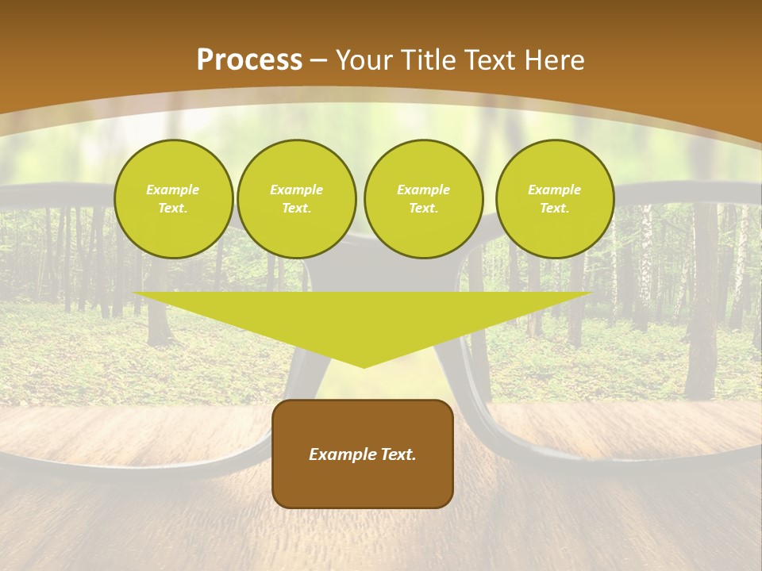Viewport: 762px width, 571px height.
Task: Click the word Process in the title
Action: pyautogui.click(x=249, y=60)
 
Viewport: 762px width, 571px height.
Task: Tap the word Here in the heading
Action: pyautogui.click(x=552, y=60)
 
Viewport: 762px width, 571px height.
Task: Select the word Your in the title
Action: pyautogui.click(x=365, y=60)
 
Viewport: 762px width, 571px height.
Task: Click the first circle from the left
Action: pyautogui.click(x=173, y=199)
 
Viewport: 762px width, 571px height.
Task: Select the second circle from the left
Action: pyautogui.click(x=297, y=199)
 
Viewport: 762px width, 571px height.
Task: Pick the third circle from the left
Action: pyautogui.click(x=423, y=199)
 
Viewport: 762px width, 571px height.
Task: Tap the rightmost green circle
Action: pyautogui.click(x=555, y=199)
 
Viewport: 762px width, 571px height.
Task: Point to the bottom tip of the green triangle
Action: pyautogui.click(x=364, y=366)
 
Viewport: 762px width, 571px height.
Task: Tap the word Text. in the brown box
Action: pyautogui.click(x=397, y=454)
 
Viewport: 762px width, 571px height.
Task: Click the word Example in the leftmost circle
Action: pyautogui.click(x=173, y=190)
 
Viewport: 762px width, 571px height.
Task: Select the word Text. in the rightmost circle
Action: pyautogui.click(x=555, y=209)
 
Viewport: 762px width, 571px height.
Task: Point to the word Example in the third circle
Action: pyautogui.click(x=423, y=190)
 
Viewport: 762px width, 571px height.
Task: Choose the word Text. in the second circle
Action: pyautogui.click(x=297, y=209)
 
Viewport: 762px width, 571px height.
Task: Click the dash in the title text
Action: pyautogui.click(x=320, y=61)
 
